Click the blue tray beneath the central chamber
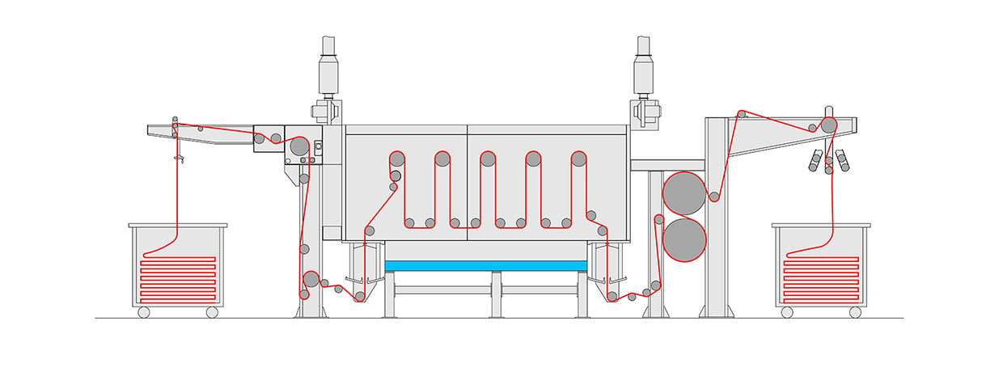(485, 265)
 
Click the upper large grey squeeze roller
(683, 193)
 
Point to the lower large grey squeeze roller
(683, 241)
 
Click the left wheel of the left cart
(143, 312)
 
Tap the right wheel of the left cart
(212, 312)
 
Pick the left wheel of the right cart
(785, 312)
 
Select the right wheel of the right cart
(854, 312)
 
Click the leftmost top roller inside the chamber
(396, 158)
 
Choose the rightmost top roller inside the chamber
(578, 158)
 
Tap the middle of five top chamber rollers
(488, 158)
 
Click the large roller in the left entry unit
(298, 146)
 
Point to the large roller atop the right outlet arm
(829, 125)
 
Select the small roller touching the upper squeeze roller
(714, 197)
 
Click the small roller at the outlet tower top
(741, 115)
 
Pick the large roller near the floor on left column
(311, 280)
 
